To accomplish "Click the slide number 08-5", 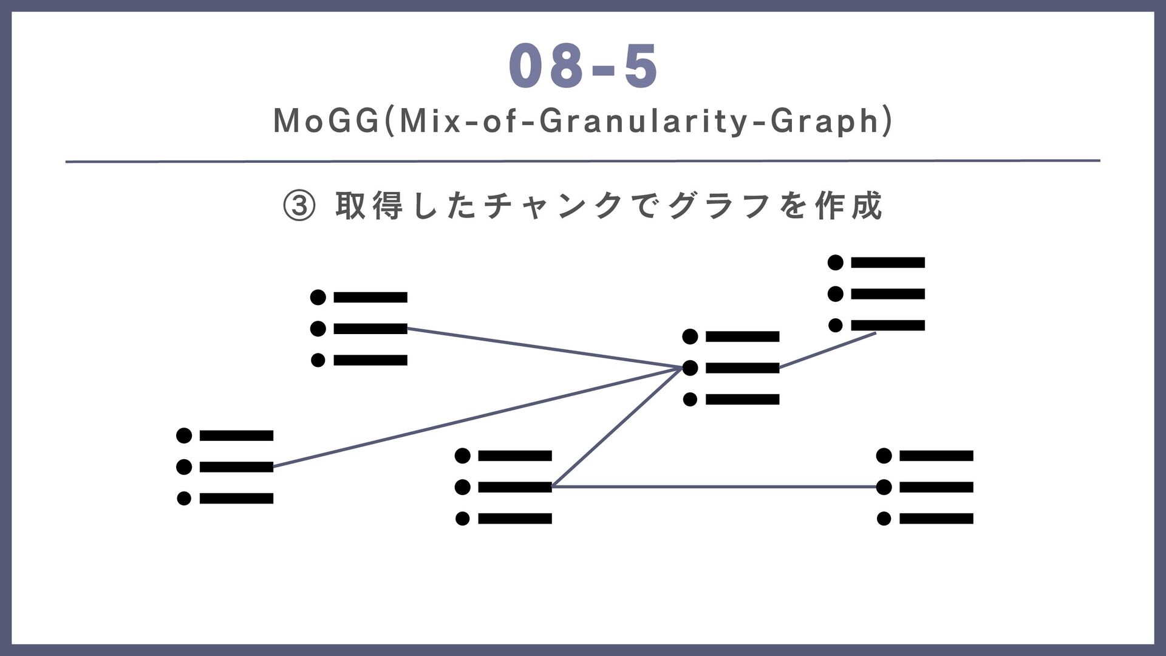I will pyautogui.click(x=583, y=67).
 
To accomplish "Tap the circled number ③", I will pyautogui.click(x=299, y=207).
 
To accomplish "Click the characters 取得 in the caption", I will pyautogui.click(x=369, y=206).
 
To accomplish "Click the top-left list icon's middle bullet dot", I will pyautogui.click(x=318, y=329).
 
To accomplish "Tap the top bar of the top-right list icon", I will pyautogui.click(x=888, y=262).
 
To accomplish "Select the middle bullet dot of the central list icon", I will pyautogui.click(x=690, y=368).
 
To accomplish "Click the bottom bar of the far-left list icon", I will pyautogui.click(x=236, y=499).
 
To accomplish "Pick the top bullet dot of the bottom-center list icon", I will pyautogui.click(x=463, y=456).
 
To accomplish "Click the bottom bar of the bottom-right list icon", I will pyautogui.click(x=936, y=519).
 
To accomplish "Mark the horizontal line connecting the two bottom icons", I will pyautogui.click(x=717, y=487).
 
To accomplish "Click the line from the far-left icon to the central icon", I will pyautogui.click(x=474, y=417).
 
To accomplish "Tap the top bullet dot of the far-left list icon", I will pyautogui.click(x=184, y=436).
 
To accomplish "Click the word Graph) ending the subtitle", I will pyautogui.click(x=831, y=121).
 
